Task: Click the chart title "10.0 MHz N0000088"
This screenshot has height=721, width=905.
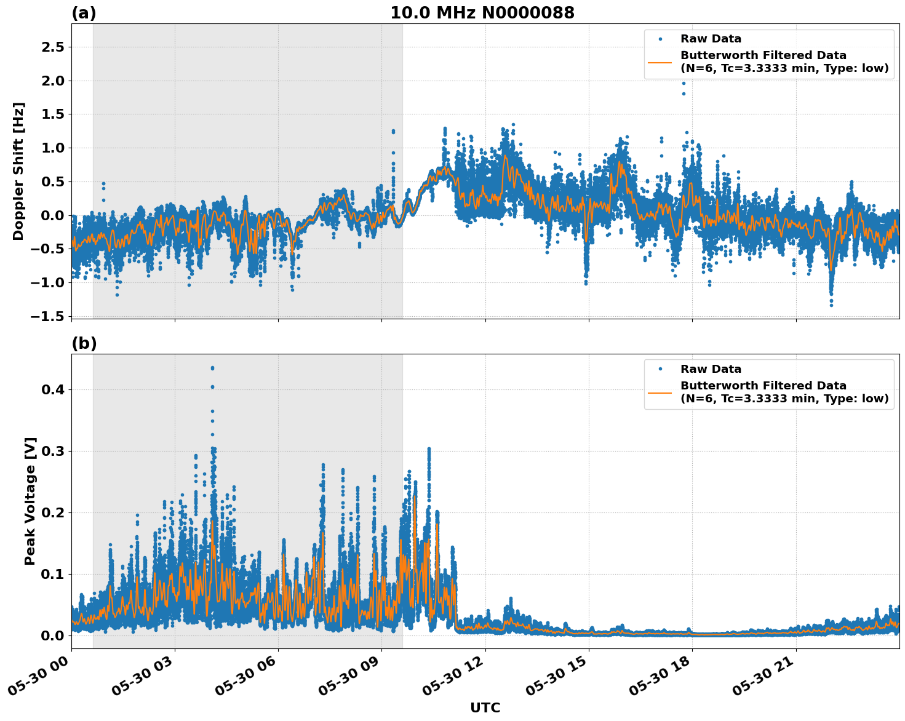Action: (x=482, y=13)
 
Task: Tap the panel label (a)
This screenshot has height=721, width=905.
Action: (x=84, y=13)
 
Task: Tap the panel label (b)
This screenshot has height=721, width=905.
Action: (x=84, y=343)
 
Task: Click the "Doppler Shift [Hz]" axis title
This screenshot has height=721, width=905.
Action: (x=18, y=171)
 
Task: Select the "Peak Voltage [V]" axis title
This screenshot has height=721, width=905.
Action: (x=30, y=501)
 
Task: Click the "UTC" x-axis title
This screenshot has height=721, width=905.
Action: (x=485, y=707)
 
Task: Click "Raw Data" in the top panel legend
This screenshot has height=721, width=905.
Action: (x=711, y=39)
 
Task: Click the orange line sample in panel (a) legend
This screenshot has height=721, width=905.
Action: (x=660, y=62)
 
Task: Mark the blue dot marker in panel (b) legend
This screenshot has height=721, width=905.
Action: (x=660, y=369)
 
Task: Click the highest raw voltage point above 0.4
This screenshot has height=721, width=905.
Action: (x=212, y=368)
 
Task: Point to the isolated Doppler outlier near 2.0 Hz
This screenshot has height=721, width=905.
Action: (x=683, y=84)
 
